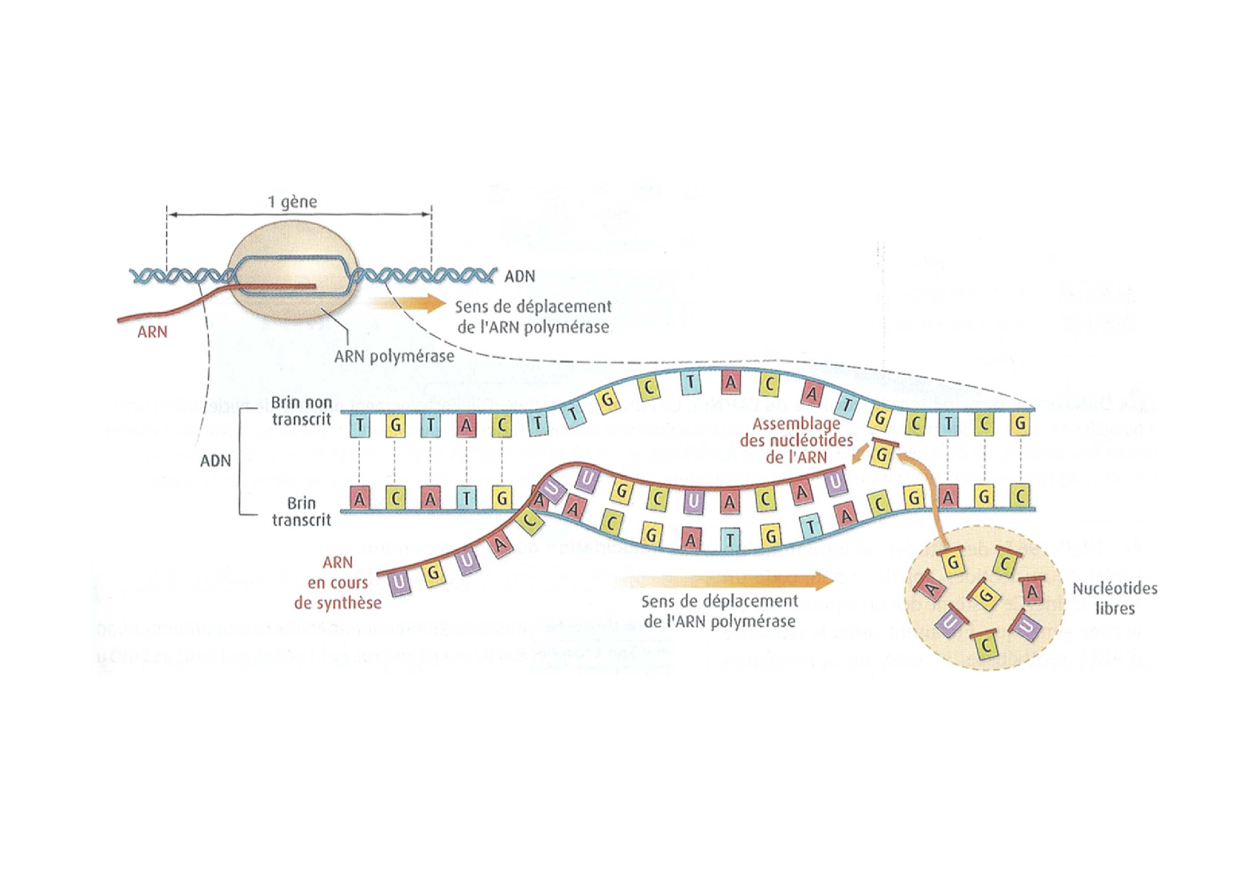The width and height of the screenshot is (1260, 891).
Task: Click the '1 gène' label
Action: [292, 202]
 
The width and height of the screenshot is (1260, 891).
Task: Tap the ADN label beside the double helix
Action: [519, 276]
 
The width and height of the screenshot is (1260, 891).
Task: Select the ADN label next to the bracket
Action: [216, 461]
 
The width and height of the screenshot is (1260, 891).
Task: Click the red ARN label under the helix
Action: [152, 332]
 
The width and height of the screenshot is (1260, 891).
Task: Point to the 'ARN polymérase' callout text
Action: [394, 356]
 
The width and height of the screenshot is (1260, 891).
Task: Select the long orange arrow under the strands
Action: [726, 581]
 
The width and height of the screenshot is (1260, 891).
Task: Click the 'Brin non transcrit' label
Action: [302, 411]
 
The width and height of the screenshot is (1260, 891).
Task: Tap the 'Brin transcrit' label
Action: [302, 512]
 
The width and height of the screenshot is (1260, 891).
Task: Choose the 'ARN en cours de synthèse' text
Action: [338, 583]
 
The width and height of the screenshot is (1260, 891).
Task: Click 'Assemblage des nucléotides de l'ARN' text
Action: [796, 440]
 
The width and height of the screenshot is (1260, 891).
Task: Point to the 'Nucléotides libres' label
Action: [1115, 598]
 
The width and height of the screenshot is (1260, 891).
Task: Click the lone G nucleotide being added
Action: [883, 455]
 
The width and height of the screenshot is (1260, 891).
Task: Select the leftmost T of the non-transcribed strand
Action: [360, 426]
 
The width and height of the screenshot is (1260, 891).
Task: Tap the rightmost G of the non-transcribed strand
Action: [1019, 424]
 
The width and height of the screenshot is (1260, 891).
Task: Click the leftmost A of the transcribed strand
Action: [359, 497]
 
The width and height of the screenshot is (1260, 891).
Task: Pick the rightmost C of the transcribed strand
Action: [1019, 496]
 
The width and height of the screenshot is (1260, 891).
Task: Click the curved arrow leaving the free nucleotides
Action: [931, 496]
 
